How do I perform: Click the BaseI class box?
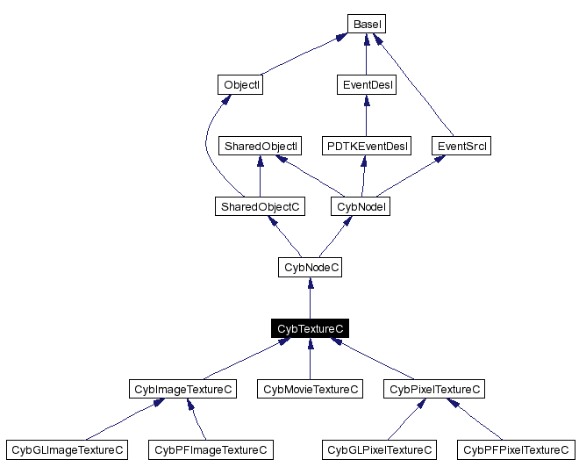pos(366,25)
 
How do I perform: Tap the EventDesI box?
pos(366,85)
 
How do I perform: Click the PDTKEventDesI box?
pos(366,146)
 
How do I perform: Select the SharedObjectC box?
pos(260,206)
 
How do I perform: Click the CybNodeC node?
pos(310,267)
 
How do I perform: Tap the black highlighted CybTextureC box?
pos(310,328)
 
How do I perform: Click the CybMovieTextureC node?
pos(310,389)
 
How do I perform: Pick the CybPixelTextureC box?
pos(435,389)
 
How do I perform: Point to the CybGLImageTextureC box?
pos(67,449)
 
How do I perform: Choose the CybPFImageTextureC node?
pos(211,449)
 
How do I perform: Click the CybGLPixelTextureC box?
pos(379,449)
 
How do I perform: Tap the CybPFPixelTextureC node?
pos(516,449)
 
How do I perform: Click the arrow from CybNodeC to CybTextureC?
pos(310,298)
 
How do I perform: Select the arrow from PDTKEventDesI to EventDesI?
pos(366,116)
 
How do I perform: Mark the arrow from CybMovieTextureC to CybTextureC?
pos(310,359)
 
